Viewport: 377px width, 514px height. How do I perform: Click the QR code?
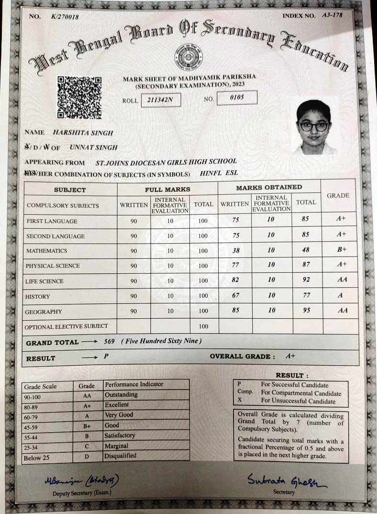[x=79, y=97]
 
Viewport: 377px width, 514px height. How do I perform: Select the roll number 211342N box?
[x=161, y=100]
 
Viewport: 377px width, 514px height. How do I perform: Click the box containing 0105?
[x=237, y=98]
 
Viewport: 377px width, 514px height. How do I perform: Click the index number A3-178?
[x=332, y=15]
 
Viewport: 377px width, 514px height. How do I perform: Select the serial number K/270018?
[x=65, y=17]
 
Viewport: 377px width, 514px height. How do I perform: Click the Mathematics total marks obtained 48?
[x=306, y=250]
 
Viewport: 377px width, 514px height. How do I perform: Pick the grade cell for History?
[x=340, y=296]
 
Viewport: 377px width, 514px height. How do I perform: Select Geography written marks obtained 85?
[x=235, y=310]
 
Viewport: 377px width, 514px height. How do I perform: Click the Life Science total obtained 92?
[x=306, y=280]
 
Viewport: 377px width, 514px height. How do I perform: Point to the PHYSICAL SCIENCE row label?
[x=53, y=266]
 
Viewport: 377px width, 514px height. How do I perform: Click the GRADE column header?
[x=338, y=196]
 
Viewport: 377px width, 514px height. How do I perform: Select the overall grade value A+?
[x=290, y=357]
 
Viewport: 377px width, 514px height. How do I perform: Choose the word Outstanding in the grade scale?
[x=121, y=395]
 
